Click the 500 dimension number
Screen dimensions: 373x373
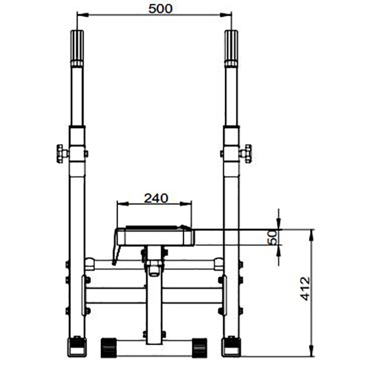coord(160,9)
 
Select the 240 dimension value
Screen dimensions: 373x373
coord(156,198)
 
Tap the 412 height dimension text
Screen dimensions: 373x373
coord(305,288)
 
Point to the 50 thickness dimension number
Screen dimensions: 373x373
coord(273,237)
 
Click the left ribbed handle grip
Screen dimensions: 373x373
coord(77,48)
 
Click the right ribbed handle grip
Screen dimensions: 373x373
coord(231,48)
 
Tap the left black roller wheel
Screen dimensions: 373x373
coord(109,348)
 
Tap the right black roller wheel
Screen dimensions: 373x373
coord(200,348)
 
